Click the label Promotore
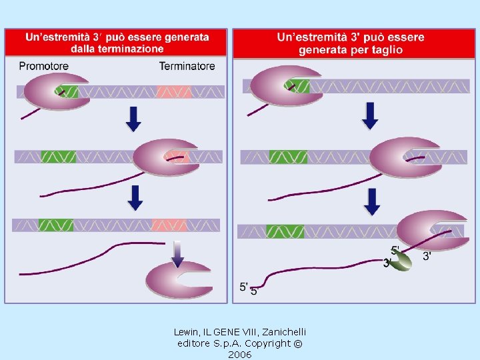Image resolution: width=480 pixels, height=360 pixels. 44,66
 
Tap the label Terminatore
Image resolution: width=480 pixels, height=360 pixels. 187,66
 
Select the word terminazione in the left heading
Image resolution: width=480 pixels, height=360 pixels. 125,49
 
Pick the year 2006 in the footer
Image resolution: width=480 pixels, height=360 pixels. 239,355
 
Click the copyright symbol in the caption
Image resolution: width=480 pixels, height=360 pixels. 297,343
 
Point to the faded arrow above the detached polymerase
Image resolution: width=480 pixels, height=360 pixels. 177,251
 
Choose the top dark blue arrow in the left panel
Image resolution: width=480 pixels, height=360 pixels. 133,119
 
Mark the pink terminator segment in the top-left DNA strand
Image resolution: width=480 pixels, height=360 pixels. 174,92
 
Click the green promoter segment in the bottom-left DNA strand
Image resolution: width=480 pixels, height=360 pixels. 56,225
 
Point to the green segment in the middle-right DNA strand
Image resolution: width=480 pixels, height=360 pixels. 288,157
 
